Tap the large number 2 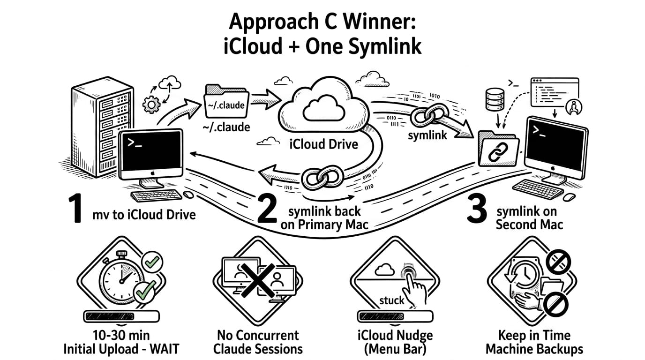pos(267,210)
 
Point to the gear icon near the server pos(151,104)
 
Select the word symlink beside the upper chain pos(427,135)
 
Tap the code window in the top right pos(555,93)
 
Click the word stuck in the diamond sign pos(391,300)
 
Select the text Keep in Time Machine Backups pos(534,342)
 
